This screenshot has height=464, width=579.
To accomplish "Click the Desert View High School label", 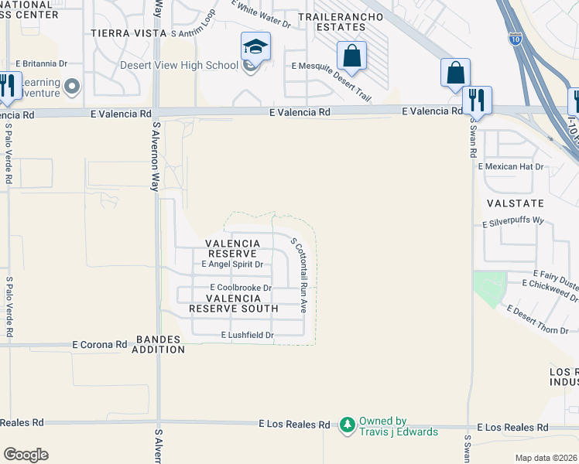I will pos(179,65).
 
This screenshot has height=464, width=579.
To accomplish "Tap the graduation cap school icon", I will pos(255,47).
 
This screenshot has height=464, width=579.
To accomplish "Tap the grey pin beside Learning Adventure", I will pos(73,86).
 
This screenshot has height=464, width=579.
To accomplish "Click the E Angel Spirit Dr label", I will pos(232,264).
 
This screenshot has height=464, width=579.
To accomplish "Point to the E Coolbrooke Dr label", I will pos(241,288).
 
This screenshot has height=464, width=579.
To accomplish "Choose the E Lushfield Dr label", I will pos(248,335).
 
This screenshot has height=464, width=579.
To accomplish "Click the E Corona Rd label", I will pos(99,344).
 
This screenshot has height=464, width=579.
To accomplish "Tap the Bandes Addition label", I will pos(161,344).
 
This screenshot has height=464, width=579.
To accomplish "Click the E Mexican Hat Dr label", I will pos(511,166).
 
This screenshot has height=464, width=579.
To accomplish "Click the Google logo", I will pos(26,454).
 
